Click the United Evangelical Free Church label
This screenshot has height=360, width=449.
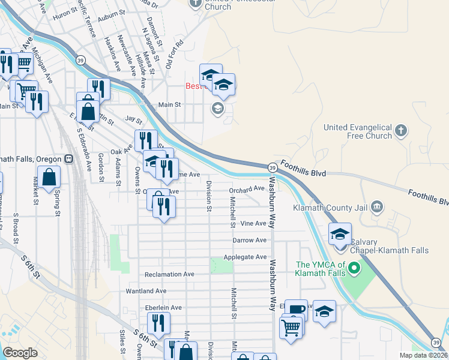[357, 131]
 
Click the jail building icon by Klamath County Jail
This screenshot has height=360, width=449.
[376, 208]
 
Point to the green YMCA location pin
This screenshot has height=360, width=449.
[354, 268]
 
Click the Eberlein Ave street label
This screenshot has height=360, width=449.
[163, 308]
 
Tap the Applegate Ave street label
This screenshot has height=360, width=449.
[245, 257]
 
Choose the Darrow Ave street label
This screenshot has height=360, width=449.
[250, 240]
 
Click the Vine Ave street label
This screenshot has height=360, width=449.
[253, 223]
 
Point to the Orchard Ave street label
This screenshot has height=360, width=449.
[247, 188]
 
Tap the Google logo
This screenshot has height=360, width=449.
[20, 353]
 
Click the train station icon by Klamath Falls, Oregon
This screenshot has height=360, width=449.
[69, 159]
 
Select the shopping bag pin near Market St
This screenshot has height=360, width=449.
[49, 176]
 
